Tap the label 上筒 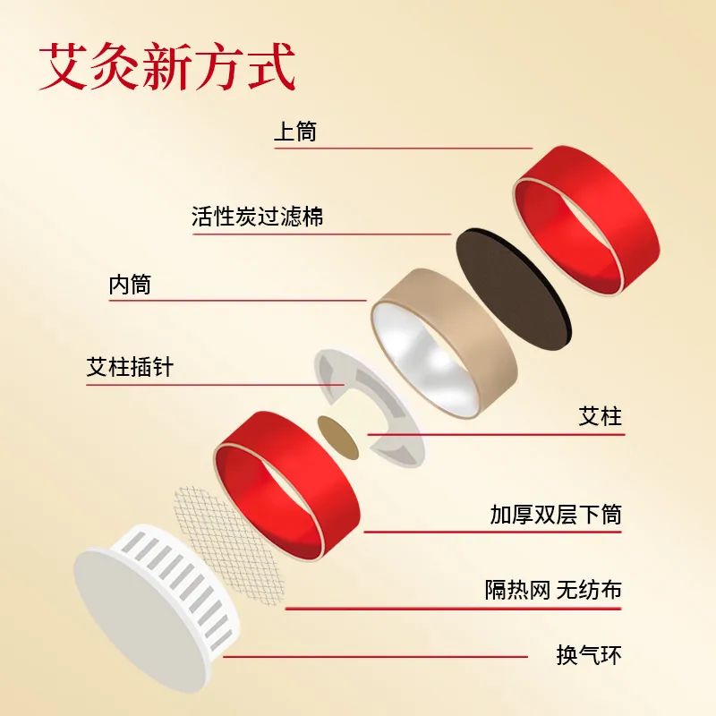295,132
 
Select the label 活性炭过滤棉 258,216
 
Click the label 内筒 131,286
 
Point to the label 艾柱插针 131,368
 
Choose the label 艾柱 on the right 600,416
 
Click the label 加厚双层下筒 555,515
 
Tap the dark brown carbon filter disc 515,286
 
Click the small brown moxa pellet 338,437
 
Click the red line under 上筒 403,148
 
